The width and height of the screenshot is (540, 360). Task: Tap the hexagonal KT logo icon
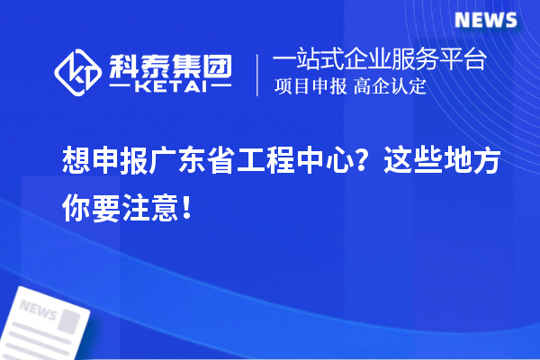click(78, 73)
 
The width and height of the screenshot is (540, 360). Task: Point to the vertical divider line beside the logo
click(258, 73)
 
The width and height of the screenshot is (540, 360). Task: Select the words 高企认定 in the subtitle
click(388, 87)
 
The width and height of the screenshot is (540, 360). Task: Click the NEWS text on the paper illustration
click(38, 310)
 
